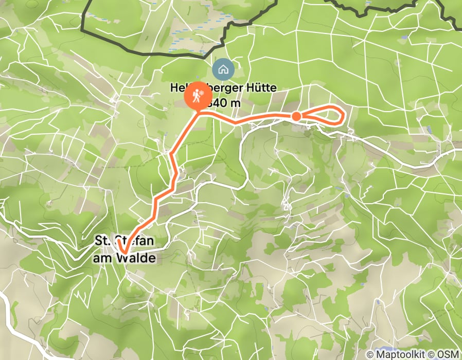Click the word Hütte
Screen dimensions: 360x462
pyautogui.click(x=262, y=88)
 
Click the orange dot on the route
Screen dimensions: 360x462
pyautogui.click(x=296, y=117)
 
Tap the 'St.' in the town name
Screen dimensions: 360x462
pyautogui.click(x=103, y=240)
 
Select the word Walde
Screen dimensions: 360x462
pyautogui.click(x=136, y=258)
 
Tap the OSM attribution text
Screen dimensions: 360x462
pyautogui.click(x=449, y=354)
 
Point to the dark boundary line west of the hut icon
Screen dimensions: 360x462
pyautogui.click(x=154, y=53)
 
